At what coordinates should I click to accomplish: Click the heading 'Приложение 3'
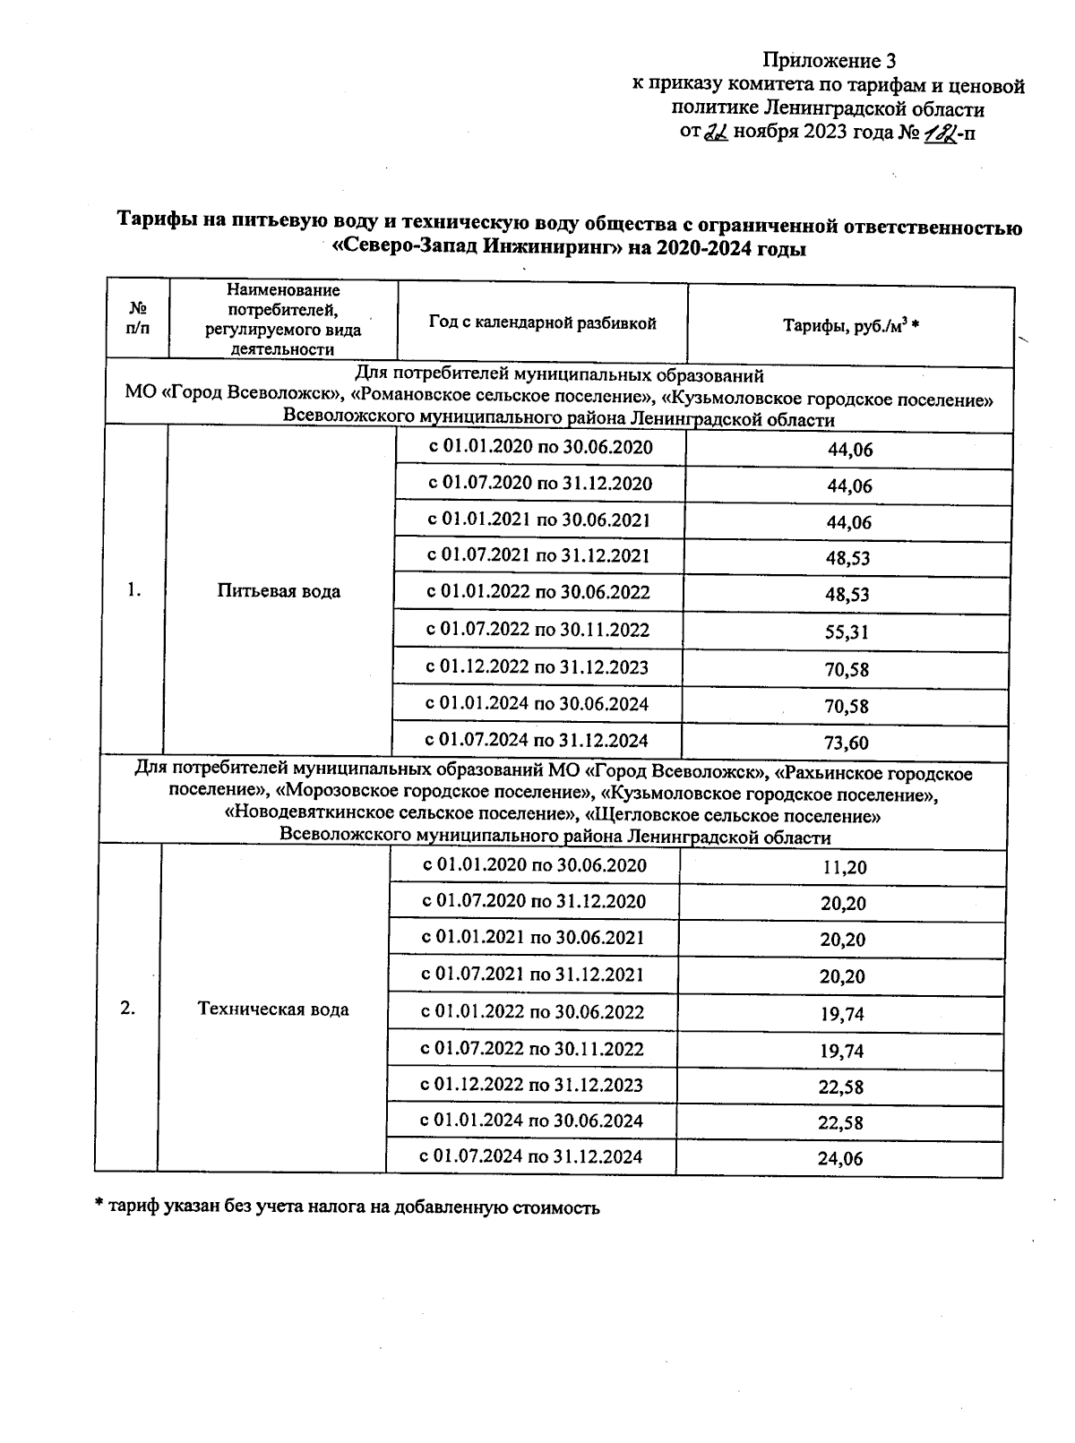click(x=828, y=61)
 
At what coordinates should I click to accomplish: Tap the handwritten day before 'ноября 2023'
click(x=716, y=133)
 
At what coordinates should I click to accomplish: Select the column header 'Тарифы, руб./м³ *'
click(x=851, y=326)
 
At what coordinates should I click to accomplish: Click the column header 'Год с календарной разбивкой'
click(x=543, y=323)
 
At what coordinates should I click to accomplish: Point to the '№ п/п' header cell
click(x=138, y=319)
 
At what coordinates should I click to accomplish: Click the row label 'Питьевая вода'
click(x=279, y=591)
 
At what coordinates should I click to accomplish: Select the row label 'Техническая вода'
click(x=273, y=1009)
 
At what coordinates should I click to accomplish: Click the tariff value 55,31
click(x=847, y=632)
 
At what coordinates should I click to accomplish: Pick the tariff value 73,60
click(x=847, y=743)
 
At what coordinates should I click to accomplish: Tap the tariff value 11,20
click(x=844, y=867)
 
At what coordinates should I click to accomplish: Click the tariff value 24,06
click(x=840, y=1158)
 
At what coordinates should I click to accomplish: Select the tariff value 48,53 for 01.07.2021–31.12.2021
click(x=847, y=558)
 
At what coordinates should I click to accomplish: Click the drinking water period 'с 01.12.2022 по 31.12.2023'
click(x=537, y=667)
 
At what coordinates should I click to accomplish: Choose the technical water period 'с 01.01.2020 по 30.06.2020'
click(x=534, y=865)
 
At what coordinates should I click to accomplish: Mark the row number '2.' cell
click(x=127, y=1009)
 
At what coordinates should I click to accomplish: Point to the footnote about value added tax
click(x=348, y=1207)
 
